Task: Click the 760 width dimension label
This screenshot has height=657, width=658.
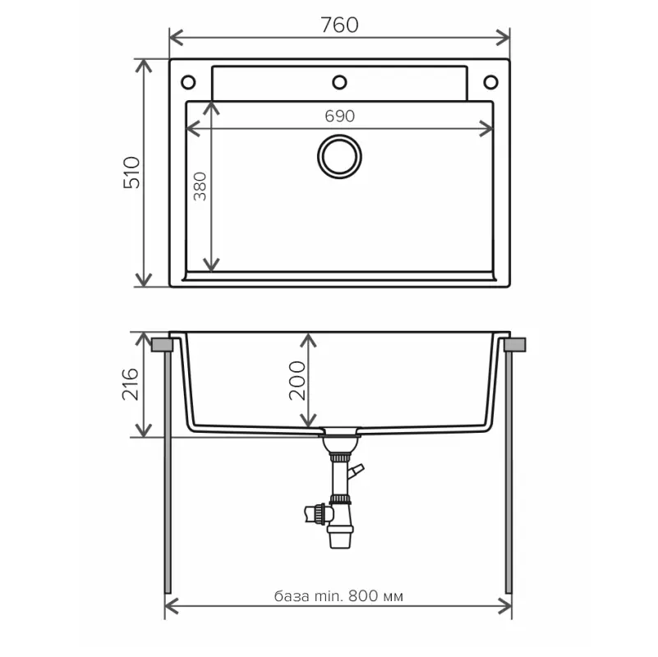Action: pyautogui.click(x=339, y=25)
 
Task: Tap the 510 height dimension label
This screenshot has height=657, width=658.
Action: pyautogui.click(x=132, y=172)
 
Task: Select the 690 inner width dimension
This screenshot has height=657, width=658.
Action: pyautogui.click(x=339, y=116)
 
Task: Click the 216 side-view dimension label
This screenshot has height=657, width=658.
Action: pyautogui.click(x=131, y=384)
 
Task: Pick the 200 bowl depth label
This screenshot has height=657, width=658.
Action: pyautogui.click(x=297, y=379)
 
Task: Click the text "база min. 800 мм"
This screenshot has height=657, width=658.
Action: pyautogui.click(x=338, y=596)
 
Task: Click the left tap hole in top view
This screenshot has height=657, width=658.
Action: pyautogui.click(x=188, y=82)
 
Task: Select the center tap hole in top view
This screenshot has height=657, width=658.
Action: pyautogui.click(x=339, y=82)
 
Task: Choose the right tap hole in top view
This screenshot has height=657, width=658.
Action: pyautogui.click(x=490, y=82)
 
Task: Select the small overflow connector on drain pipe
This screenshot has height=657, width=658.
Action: pyautogui.click(x=355, y=472)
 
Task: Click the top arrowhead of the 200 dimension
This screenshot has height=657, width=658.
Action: pyautogui.click(x=308, y=339)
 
